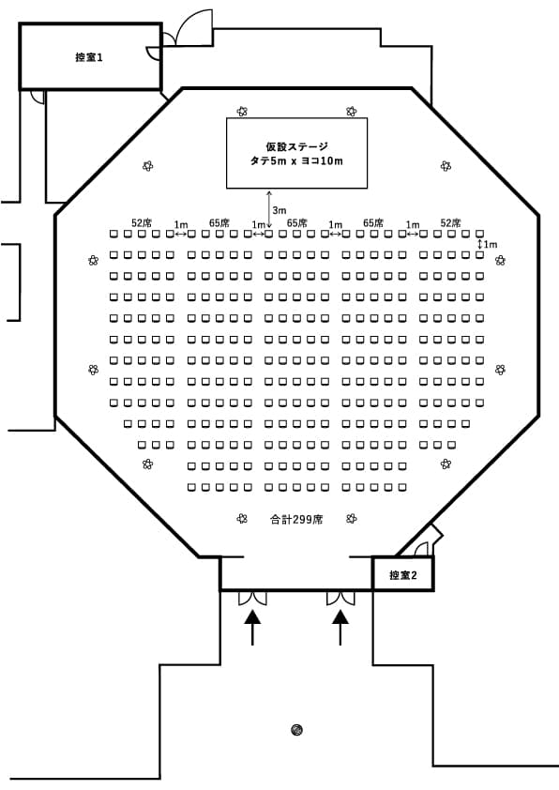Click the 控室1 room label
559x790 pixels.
point(89,57)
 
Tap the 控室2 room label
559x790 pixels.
point(403,575)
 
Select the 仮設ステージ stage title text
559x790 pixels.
point(296,146)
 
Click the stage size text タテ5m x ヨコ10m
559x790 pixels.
point(296,161)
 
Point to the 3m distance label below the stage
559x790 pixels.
point(279,210)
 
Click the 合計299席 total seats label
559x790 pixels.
point(296,520)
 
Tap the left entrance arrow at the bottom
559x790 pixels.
point(252,628)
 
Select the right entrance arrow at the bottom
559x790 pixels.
point(340,628)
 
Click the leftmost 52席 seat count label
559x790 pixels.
point(142,222)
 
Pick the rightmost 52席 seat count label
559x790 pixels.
point(451,222)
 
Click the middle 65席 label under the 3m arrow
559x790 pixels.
point(297,222)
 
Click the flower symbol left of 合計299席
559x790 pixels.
point(242,519)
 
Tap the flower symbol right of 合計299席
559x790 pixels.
point(352,519)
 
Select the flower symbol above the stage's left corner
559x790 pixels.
point(242,112)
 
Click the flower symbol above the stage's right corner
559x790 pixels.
point(352,112)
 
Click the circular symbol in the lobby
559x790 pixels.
point(296,729)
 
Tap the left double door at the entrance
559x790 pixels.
point(252,598)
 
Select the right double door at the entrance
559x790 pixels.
point(340,598)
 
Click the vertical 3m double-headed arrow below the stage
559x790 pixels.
point(269,210)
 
